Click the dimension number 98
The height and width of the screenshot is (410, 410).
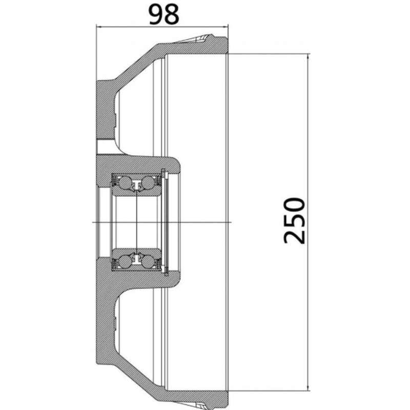[x=164, y=15]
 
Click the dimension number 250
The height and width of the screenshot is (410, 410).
[x=294, y=220]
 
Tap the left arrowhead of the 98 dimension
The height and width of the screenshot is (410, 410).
[x=99, y=26]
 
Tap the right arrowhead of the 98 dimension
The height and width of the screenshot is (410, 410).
[x=225, y=26]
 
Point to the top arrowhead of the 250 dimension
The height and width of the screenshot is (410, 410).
[x=309, y=57]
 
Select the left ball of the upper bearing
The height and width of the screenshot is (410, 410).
[x=124, y=182]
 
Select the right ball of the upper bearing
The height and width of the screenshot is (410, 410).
[x=148, y=182]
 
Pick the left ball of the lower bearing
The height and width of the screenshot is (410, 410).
[x=125, y=261]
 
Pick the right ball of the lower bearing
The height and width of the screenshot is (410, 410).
[x=148, y=261]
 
